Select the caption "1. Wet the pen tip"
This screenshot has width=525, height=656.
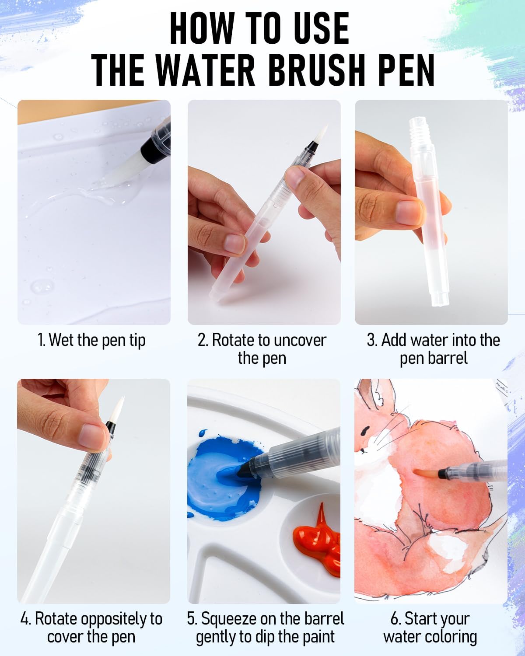(91, 341)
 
